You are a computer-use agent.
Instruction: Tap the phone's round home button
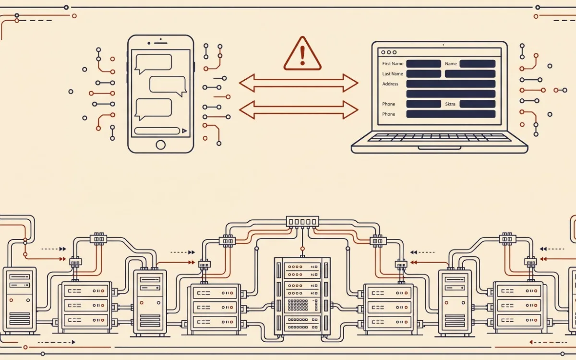click(160, 145)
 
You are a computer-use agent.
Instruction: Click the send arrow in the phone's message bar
click(184, 131)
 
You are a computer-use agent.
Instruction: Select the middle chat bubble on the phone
click(168, 85)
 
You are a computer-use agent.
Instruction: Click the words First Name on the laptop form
click(393, 63)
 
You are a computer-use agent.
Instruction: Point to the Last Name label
click(393, 74)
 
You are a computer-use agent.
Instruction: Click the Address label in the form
click(390, 84)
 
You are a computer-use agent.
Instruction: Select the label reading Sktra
click(450, 104)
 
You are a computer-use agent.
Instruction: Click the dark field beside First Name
click(423, 64)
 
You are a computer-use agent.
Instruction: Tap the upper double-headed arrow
click(299, 83)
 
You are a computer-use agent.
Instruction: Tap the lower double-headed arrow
click(299, 110)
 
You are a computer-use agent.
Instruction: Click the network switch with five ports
click(302, 221)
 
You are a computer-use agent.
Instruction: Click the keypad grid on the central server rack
click(298, 305)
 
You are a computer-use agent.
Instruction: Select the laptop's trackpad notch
click(439, 148)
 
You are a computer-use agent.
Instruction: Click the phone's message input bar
click(157, 131)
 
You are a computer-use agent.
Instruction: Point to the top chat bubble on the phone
click(154, 62)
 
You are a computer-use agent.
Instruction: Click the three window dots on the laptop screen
click(389, 52)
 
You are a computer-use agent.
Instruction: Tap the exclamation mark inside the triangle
click(302, 55)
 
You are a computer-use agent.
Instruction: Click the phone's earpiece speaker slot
click(161, 43)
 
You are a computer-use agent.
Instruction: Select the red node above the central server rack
click(302, 249)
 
